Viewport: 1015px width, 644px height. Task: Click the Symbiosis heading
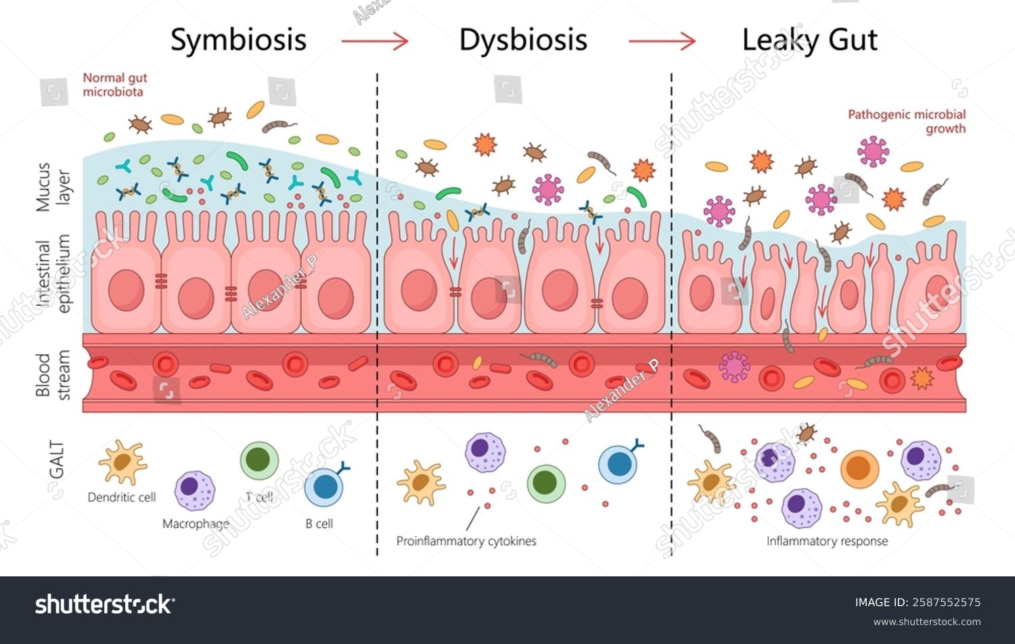[238, 40]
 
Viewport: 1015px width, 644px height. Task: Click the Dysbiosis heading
[523, 40]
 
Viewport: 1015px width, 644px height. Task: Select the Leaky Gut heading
[809, 40]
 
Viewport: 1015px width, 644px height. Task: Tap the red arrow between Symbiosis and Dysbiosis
[375, 41]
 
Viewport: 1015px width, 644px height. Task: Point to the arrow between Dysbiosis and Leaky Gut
[662, 41]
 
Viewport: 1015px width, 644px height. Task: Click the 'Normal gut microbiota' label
[114, 85]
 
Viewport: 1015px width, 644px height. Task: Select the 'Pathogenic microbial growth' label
[907, 121]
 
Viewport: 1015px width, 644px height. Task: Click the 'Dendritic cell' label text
[122, 497]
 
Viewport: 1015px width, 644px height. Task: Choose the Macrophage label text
[196, 524]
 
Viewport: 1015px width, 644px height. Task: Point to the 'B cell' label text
[319, 524]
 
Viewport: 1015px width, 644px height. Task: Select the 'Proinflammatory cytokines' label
[466, 541]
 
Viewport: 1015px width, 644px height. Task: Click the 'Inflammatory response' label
[827, 541]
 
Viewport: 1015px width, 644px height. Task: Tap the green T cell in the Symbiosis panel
[259, 461]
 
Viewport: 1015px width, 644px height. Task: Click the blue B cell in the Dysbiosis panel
[619, 464]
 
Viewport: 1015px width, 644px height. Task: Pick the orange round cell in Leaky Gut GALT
[859, 469]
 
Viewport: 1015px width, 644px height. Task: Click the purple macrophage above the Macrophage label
[195, 490]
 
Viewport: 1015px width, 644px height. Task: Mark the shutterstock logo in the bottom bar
[104, 603]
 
